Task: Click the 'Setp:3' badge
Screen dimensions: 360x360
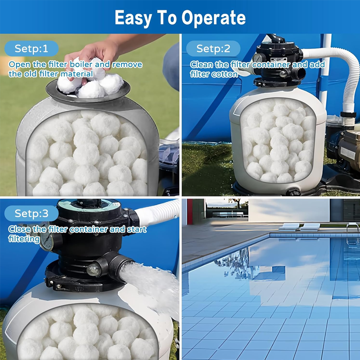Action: [x=31, y=214]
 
